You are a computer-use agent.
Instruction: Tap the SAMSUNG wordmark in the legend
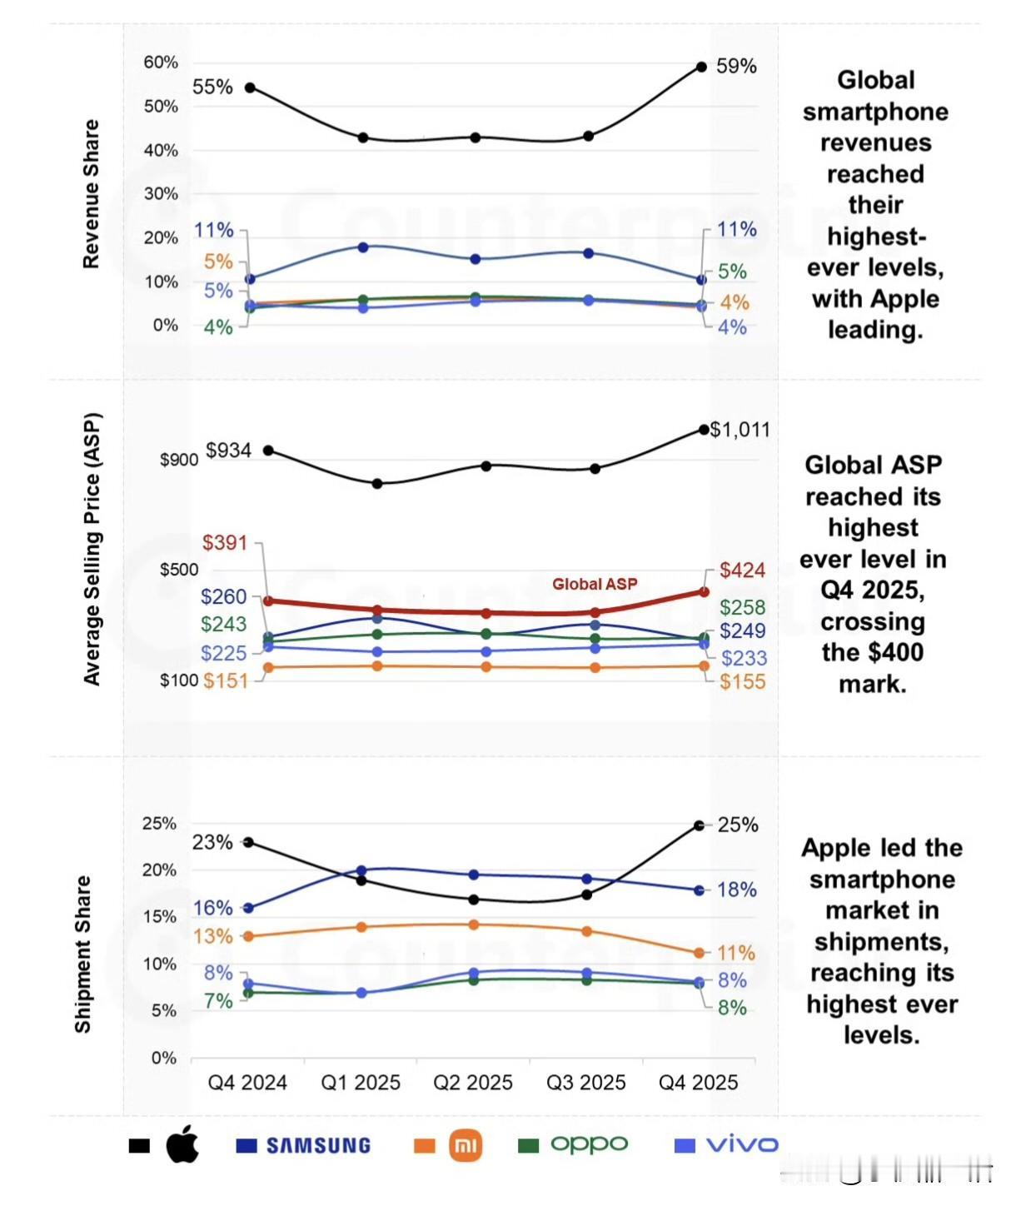[318, 1146]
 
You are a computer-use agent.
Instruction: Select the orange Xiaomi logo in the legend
[465, 1146]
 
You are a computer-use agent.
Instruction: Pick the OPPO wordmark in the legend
[589, 1144]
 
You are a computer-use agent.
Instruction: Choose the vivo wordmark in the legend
[742, 1145]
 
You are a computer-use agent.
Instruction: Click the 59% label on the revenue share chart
[736, 66]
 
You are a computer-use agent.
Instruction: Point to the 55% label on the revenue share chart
[212, 87]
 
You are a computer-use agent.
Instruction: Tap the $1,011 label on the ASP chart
[740, 430]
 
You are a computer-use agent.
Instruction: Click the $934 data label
[228, 451]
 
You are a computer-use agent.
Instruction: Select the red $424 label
[742, 571]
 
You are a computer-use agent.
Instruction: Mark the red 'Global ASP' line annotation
[595, 584]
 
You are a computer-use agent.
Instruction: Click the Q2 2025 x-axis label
[473, 1083]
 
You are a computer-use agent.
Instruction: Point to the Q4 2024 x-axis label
[247, 1083]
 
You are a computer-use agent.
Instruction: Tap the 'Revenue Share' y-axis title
[91, 194]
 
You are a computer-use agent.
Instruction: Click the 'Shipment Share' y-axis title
[82, 954]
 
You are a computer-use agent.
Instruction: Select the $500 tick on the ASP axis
[179, 570]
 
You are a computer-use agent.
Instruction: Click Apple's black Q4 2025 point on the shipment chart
[700, 825]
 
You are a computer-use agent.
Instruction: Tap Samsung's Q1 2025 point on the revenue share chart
[363, 247]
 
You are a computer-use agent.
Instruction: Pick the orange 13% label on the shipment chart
[213, 936]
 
